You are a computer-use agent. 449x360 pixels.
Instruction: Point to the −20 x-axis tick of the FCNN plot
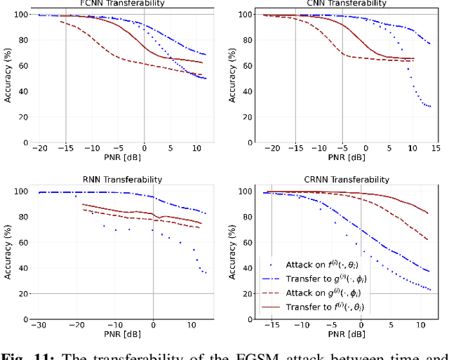tap(43, 149)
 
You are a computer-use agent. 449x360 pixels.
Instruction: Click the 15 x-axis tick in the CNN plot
tap(434, 149)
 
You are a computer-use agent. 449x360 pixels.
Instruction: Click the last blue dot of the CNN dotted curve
tap(430, 107)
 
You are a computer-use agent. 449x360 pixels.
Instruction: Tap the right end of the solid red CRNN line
tap(428, 213)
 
